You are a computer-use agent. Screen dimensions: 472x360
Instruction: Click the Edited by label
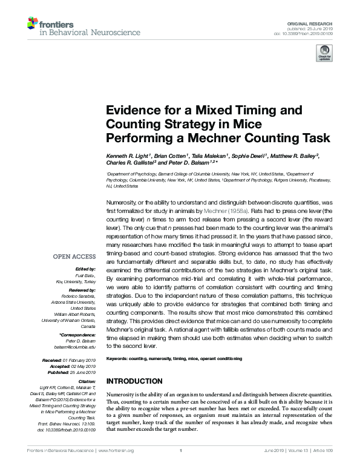click(x=85, y=268)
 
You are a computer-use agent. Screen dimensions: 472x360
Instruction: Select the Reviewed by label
click(x=82, y=290)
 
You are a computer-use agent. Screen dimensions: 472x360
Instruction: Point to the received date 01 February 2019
click(x=79, y=360)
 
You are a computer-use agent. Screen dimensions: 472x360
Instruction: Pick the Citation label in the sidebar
click(x=87, y=382)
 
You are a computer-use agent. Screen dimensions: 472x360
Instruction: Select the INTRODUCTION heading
click(x=134, y=381)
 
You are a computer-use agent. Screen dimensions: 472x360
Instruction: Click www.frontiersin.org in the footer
click(x=113, y=450)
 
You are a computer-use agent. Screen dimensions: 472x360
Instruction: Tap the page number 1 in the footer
click(x=180, y=450)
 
